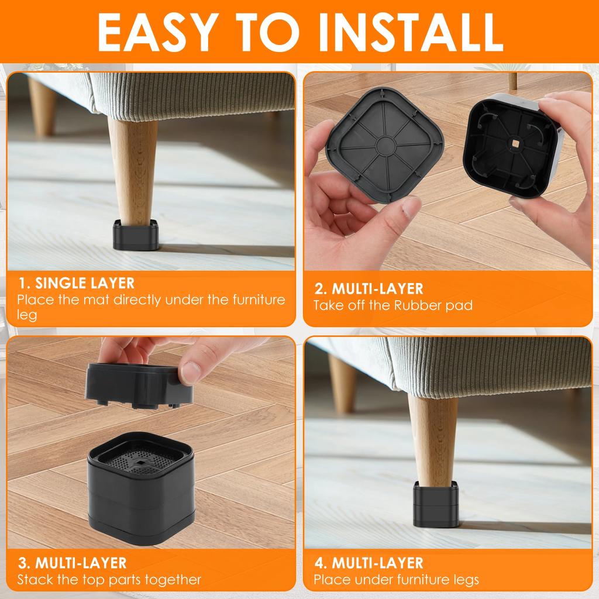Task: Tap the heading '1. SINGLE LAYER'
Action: click(x=76, y=284)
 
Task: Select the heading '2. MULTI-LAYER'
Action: click(x=369, y=288)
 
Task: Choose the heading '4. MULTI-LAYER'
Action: click(x=369, y=563)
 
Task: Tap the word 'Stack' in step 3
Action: click(x=34, y=580)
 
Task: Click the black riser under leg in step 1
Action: click(x=136, y=234)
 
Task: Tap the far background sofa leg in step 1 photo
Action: click(x=42, y=105)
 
